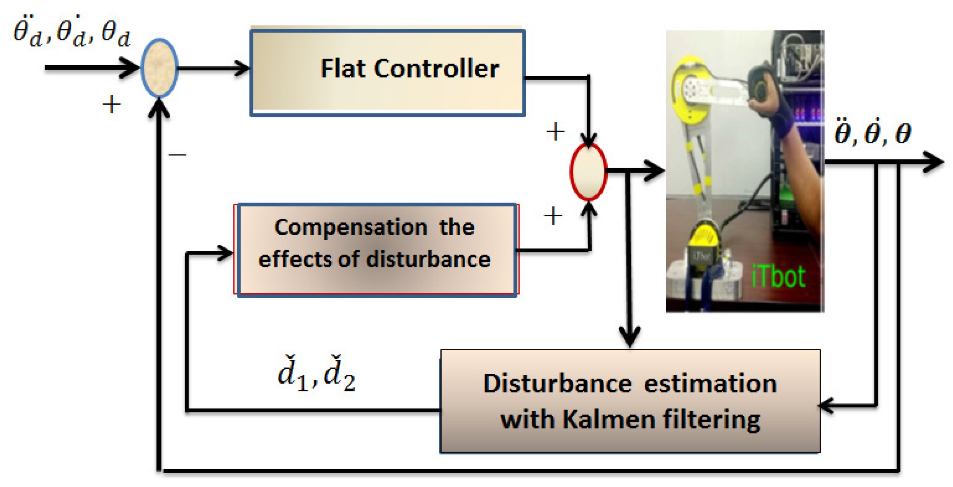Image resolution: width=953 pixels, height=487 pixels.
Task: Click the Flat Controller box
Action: pos(387,71)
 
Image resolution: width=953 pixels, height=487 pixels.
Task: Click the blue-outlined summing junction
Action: pos(159,68)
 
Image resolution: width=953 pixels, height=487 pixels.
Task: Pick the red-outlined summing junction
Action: pos(588,171)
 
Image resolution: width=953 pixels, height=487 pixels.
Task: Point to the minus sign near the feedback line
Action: pos(178,155)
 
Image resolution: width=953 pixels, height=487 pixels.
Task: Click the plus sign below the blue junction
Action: pos(112,104)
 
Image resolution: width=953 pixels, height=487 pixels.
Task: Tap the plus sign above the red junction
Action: pos(555,132)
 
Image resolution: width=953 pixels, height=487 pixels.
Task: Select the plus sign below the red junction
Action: pos(553,216)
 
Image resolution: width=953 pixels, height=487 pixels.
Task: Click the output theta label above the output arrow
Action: pos(872,133)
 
